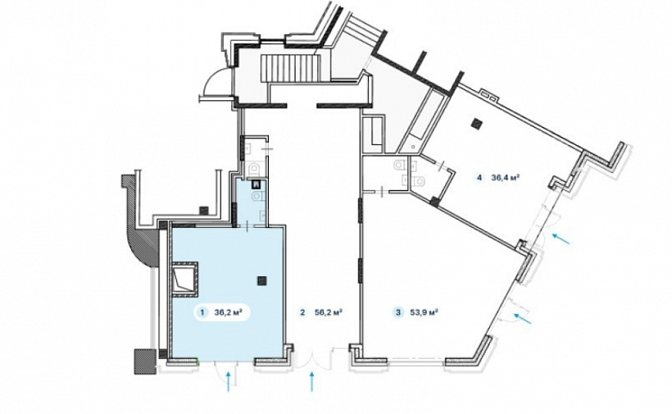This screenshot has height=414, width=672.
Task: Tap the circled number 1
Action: pyautogui.click(x=202, y=312)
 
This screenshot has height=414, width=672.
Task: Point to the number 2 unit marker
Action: pyautogui.click(x=303, y=312)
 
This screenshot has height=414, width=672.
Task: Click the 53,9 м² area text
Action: pyautogui.click(x=424, y=312)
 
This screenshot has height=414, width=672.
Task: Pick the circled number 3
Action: pyautogui.click(x=398, y=312)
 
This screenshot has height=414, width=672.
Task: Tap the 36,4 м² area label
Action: pyautogui.click(x=506, y=176)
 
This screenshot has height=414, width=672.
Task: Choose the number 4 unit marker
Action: pyautogui.click(x=479, y=176)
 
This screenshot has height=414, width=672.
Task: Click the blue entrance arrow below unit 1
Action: pyautogui.click(x=228, y=382)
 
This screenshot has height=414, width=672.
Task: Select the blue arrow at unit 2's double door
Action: pyautogui.click(x=311, y=382)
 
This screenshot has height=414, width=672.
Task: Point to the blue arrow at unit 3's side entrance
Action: pyautogui.click(x=522, y=319)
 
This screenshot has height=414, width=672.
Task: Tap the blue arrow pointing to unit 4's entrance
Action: pyautogui.click(x=561, y=239)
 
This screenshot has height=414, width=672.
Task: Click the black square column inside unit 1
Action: pyautogui.click(x=261, y=280)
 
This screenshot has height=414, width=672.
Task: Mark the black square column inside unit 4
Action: pyautogui.click(x=476, y=124)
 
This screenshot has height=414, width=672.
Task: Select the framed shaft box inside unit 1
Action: pyautogui.click(x=184, y=279)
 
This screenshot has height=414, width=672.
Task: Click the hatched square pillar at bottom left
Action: pyautogui.click(x=143, y=362)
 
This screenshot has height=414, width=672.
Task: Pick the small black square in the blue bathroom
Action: pyautogui.click(x=257, y=185)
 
